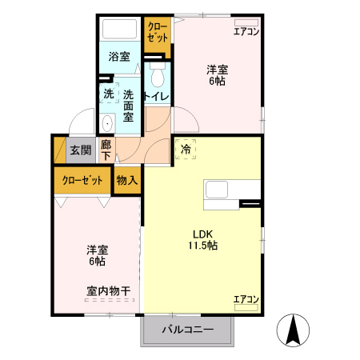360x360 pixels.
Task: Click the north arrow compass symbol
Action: click(x=294, y=330)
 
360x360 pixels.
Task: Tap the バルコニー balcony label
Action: click(x=188, y=329)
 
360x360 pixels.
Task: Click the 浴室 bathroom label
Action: click(x=119, y=58)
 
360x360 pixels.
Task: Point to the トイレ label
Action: click(x=155, y=97)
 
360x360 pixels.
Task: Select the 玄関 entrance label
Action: click(x=79, y=150)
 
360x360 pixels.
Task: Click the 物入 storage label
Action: click(x=127, y=181)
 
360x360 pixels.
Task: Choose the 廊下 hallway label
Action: click(x=106, y=150)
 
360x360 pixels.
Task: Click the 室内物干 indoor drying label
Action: click(x=109, y=290)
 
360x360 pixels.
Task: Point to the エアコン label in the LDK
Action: click(x=246, y=299)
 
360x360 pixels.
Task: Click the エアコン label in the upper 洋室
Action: click(x=246, y=31)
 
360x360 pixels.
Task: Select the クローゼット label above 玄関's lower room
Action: click(x=82, y=181)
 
